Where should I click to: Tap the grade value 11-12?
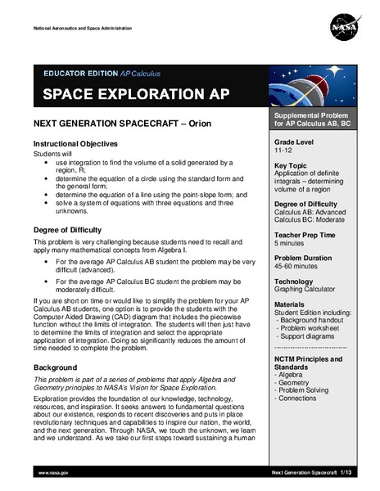[x=284, y=151]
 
